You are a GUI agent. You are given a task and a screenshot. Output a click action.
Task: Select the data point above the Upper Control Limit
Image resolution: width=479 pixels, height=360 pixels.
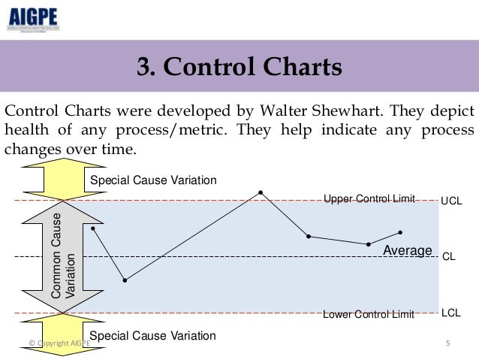pyautogui.click(x=261, y=192)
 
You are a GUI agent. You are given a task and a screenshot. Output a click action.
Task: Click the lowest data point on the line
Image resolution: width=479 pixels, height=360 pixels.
pyautogui.click(x=125, y=280)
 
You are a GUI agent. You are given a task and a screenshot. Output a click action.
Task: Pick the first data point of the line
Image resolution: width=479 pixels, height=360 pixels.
pyautogui.click(x=92, y=228)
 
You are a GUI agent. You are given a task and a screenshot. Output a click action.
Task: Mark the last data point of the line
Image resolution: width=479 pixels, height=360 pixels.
pyautogui.click(x=401, y=232)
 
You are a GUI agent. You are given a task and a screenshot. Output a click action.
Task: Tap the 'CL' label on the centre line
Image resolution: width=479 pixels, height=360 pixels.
pyautogui.click(x=449, y=256)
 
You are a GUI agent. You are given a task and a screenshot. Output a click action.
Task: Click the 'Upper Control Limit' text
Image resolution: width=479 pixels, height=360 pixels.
pyautogui.click(x=369, y=198)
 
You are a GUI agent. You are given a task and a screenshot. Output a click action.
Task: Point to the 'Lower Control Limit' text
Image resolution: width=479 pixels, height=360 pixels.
pyautogui.click(x=368, y=315)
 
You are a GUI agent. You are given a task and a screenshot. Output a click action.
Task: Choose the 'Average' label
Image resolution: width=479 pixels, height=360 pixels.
pyautogui.click(x=408, y=250)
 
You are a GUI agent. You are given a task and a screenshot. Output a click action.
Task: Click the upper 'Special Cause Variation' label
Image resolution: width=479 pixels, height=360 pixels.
pyautogui.click(x=152, y=180)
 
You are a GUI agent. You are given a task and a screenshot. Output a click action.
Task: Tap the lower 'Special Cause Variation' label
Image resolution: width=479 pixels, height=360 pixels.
pyautogui.click(x=152, y=335)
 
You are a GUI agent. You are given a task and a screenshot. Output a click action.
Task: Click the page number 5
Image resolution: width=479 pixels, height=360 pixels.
pyautogui.click(x=447, y=343)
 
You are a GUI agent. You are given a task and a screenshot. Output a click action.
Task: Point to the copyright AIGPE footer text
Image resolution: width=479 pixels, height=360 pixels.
pyautogui.click(x=59, y=343)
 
